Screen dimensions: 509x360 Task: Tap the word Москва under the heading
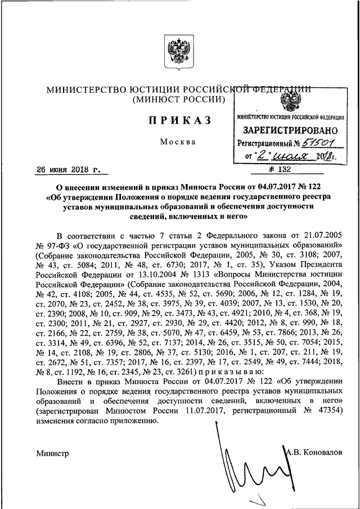pyautogui.click(x=178, y=142)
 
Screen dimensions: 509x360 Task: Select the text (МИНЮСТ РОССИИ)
pyautogui.click(x=179, y=100)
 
